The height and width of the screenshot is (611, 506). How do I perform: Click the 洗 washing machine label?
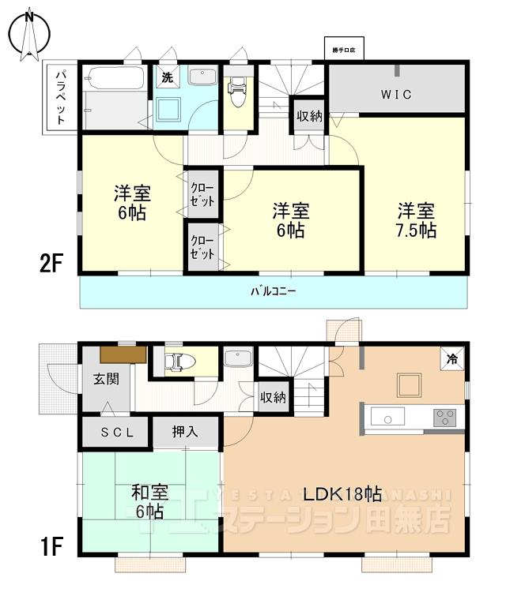tap(167, 77)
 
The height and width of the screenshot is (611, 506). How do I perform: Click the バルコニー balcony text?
tap(274, 291)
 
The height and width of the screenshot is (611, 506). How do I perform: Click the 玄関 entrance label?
tap(106, 379)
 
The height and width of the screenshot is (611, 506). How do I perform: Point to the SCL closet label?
tap(112, 432)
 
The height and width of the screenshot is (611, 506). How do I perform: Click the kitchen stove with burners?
tap(445, 416)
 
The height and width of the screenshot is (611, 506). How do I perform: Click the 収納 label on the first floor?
tap(273, 397)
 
